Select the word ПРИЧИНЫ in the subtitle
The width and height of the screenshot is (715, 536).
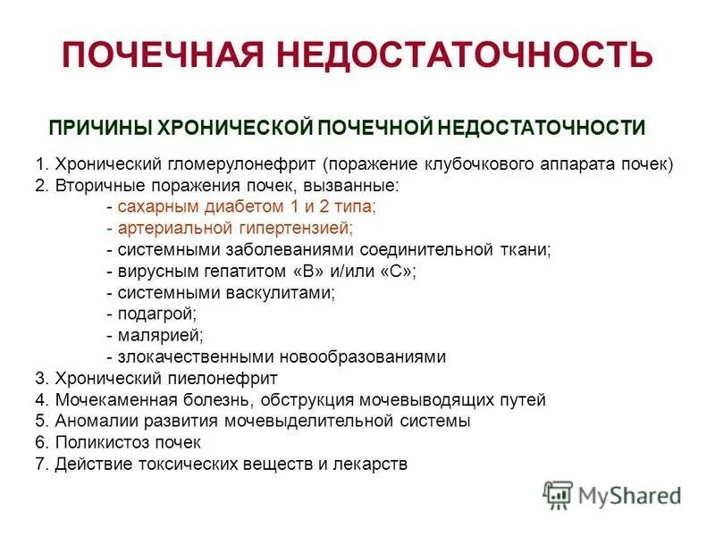tap(100, 127)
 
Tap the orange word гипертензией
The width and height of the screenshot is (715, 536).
tap(290, 228)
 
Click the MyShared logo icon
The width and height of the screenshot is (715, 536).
tap(558, 493)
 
